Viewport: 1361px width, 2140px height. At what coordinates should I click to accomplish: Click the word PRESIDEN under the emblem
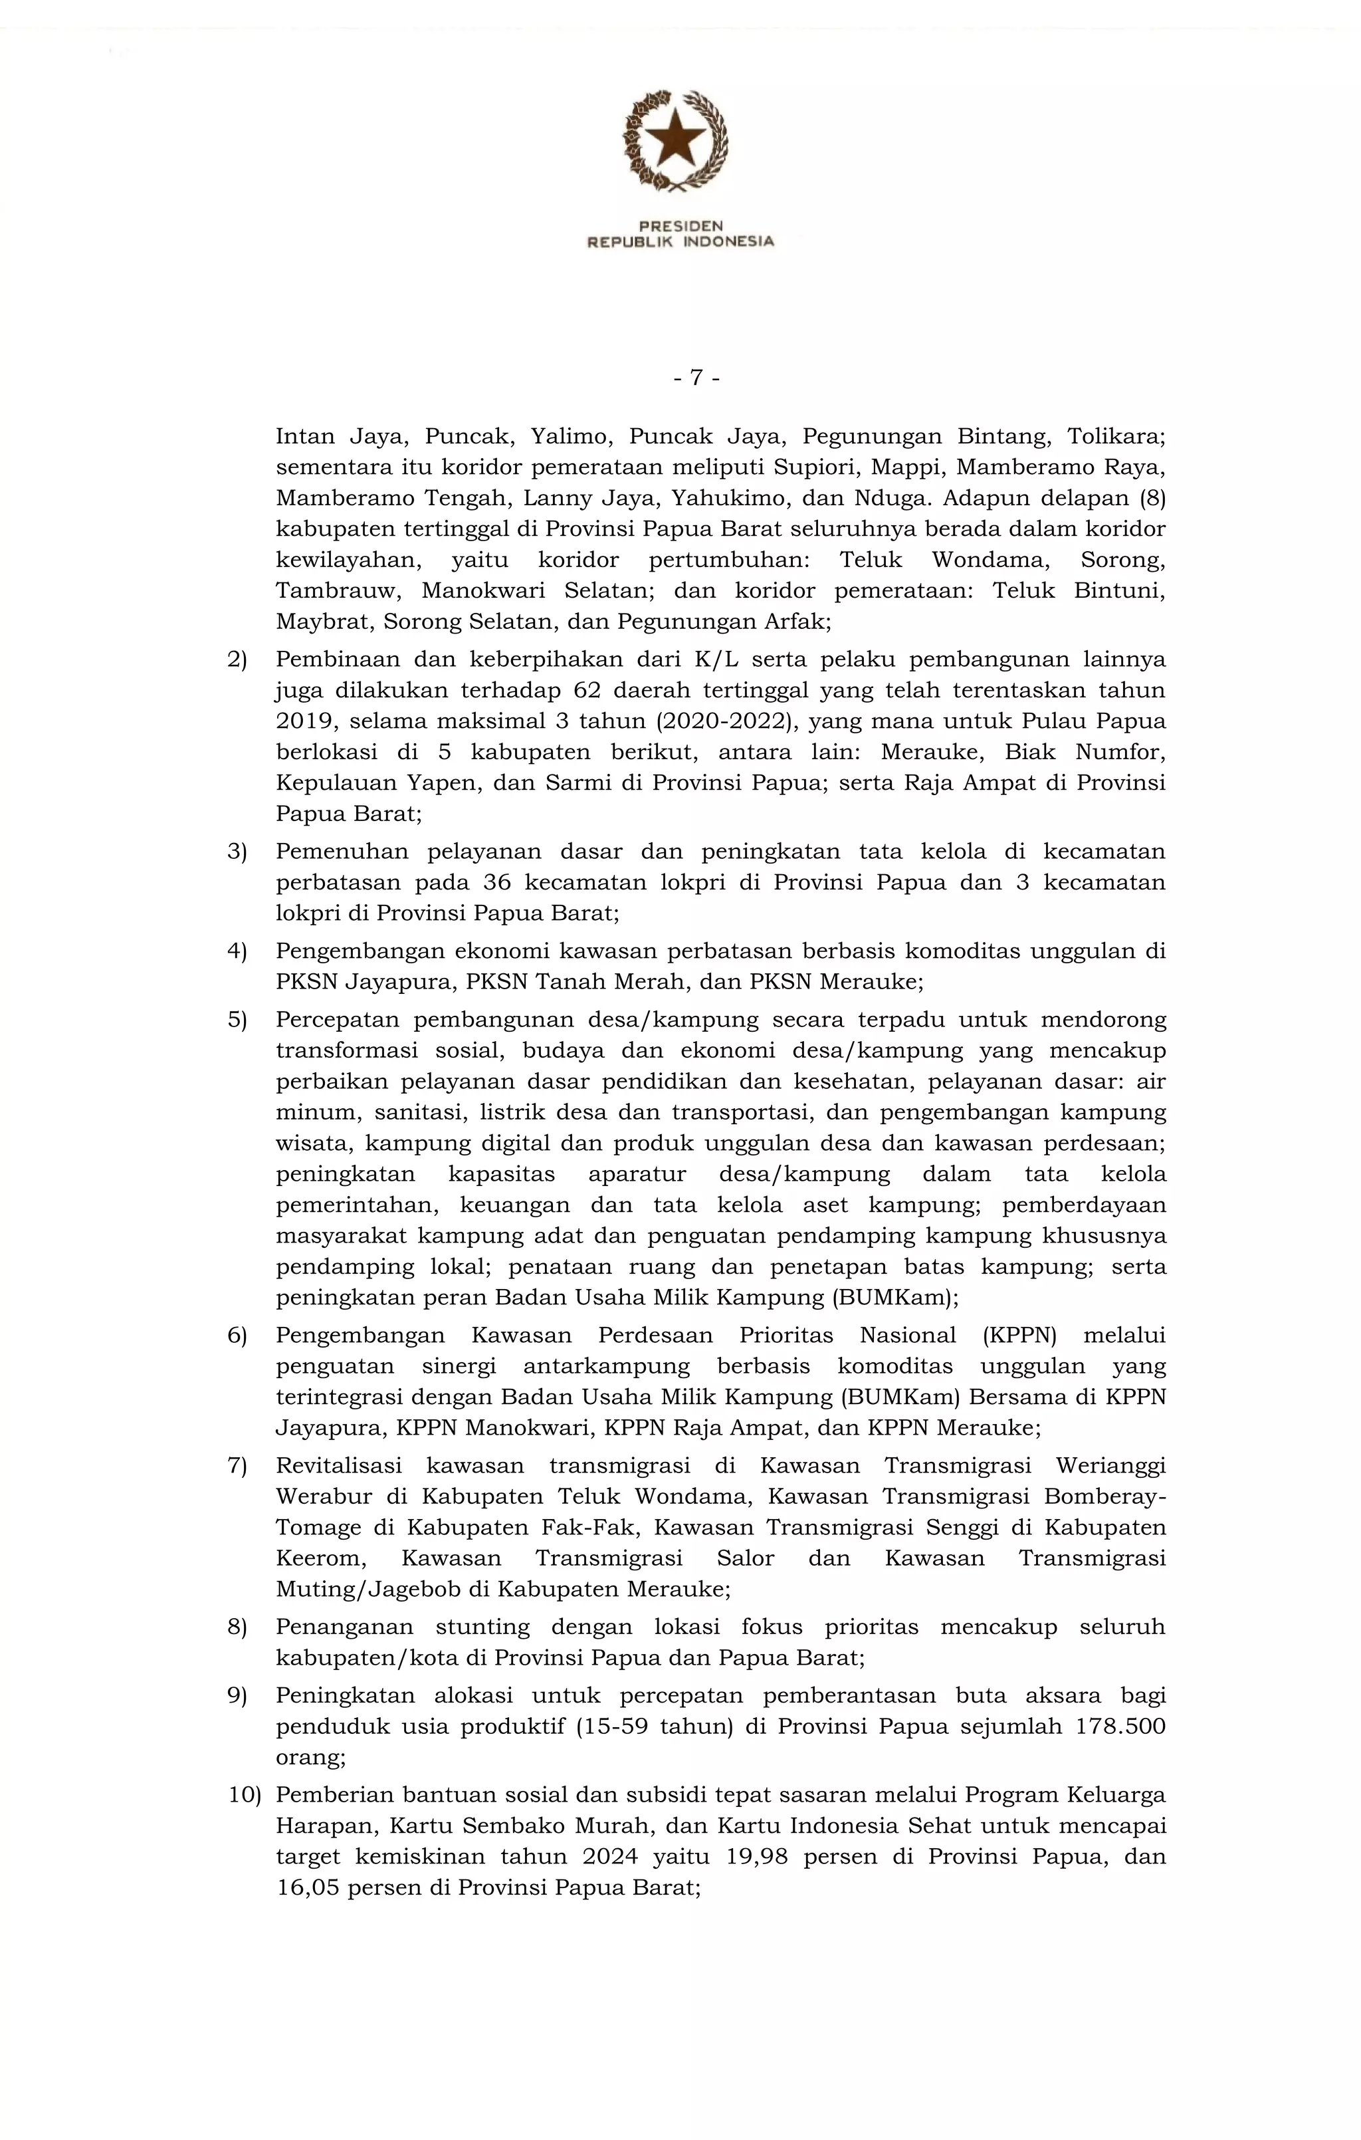pyautogui.click(x=680, y=226)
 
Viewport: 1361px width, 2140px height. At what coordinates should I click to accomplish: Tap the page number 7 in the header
pyautogui.click(x=696, y=378)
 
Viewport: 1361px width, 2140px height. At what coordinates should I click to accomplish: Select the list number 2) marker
pyautogui.click(x=237, y=659)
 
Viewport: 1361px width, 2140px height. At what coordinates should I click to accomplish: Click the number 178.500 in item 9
pyautogui.click(x=1120, y=1726)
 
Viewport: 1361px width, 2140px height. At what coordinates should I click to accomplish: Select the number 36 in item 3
pyautogui.click(x=498, y=882)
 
